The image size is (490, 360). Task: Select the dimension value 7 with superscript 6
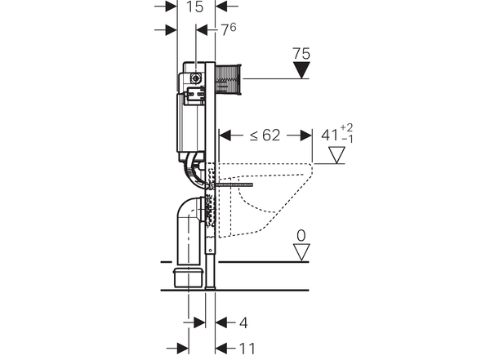tap(230, 30)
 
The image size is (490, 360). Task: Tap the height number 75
tap(301, 55)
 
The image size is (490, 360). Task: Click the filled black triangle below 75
tap(302, 71)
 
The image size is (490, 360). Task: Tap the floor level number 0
tap(301, 235)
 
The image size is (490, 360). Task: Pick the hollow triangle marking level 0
tap(302, 252)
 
